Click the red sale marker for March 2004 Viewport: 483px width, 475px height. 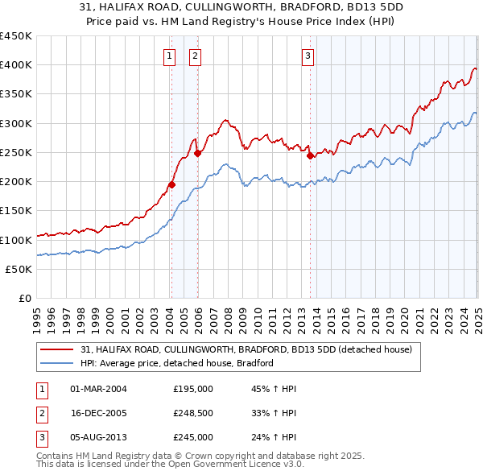click(171, 184)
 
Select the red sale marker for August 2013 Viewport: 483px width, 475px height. click(310, 155)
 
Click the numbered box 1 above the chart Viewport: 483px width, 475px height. click(171, 56)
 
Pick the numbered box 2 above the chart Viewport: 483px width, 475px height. click(196, 56)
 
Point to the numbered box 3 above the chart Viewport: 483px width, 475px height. click(308, 56)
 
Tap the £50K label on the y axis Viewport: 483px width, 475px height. click(19, 269)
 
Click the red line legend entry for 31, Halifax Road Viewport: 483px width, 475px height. click(246, 349)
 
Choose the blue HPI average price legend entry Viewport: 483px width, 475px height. click(177, 363)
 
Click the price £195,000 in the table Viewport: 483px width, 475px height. click(193, 389)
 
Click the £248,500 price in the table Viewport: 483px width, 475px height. click(193, 413)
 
